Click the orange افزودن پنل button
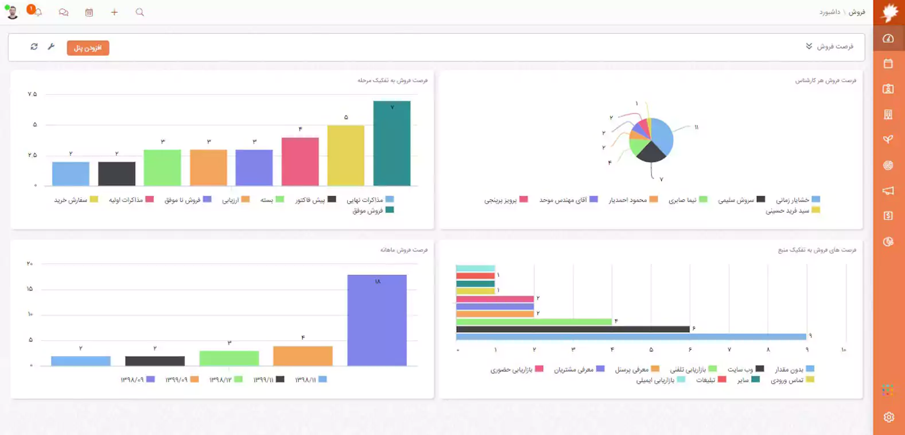88,48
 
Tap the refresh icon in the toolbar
34,46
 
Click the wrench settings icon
51,46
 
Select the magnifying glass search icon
139,12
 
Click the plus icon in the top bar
114,12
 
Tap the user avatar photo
12,11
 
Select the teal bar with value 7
392,143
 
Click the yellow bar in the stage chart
345,155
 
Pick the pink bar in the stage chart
300,161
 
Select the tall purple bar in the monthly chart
376,320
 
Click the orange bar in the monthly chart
302,356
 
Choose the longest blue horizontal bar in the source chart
631,337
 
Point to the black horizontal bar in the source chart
572,329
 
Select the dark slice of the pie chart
651,152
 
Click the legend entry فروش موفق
368,211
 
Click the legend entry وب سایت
740,369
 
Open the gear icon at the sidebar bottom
888,417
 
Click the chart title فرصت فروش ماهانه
403,250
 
